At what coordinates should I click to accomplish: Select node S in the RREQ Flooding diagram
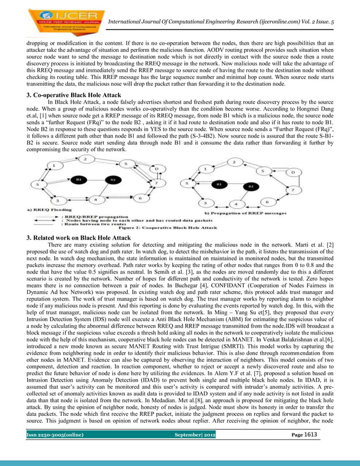[38, 184]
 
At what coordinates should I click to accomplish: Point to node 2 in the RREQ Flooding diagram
[85, 160]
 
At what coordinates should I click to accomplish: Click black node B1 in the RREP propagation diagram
[216, 184]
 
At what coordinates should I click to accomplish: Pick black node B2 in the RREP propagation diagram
[248, 186]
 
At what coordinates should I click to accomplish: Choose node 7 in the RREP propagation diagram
[293, 191]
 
